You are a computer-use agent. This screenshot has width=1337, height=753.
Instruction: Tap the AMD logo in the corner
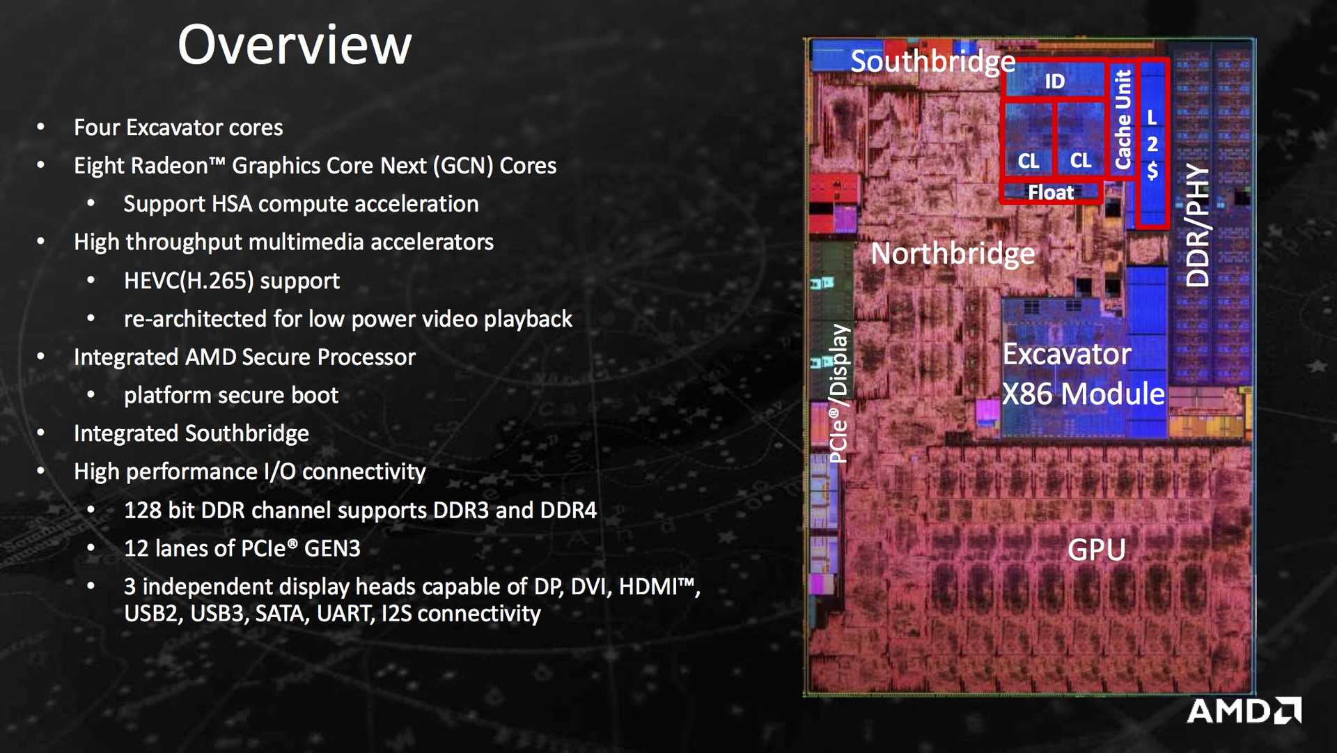(x=1244, y=711)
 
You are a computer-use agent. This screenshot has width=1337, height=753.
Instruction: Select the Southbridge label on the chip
(x=932, y=62)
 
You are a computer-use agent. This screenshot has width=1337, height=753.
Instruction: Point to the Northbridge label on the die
(x=953, y=254)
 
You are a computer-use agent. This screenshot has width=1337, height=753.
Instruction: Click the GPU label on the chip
(x=1096, y=550)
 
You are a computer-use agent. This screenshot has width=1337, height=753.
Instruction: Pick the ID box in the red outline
(x=1054, y=81)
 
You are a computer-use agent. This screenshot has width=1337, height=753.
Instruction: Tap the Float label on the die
(x=1051, y=192)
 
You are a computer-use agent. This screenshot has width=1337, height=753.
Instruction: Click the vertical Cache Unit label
(x=1123, y=119)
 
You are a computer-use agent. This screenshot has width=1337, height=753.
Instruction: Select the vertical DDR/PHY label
(x=1198, y=224)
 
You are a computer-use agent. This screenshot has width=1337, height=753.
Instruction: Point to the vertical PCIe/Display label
(x=839, y=394)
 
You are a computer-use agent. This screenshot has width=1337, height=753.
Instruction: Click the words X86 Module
(x=1083, y=394)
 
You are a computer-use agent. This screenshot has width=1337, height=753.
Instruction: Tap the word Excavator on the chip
(x=1067, y=355)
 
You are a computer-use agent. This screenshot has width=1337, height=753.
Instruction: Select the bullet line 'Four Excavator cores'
(x=178, y=127)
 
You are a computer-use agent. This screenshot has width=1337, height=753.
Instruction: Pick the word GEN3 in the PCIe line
(x=332, y=549)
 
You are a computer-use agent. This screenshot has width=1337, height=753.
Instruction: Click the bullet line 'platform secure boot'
(x=231, y=396)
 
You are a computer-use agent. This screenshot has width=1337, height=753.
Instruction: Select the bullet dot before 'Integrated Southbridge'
(x=41, y=433)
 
